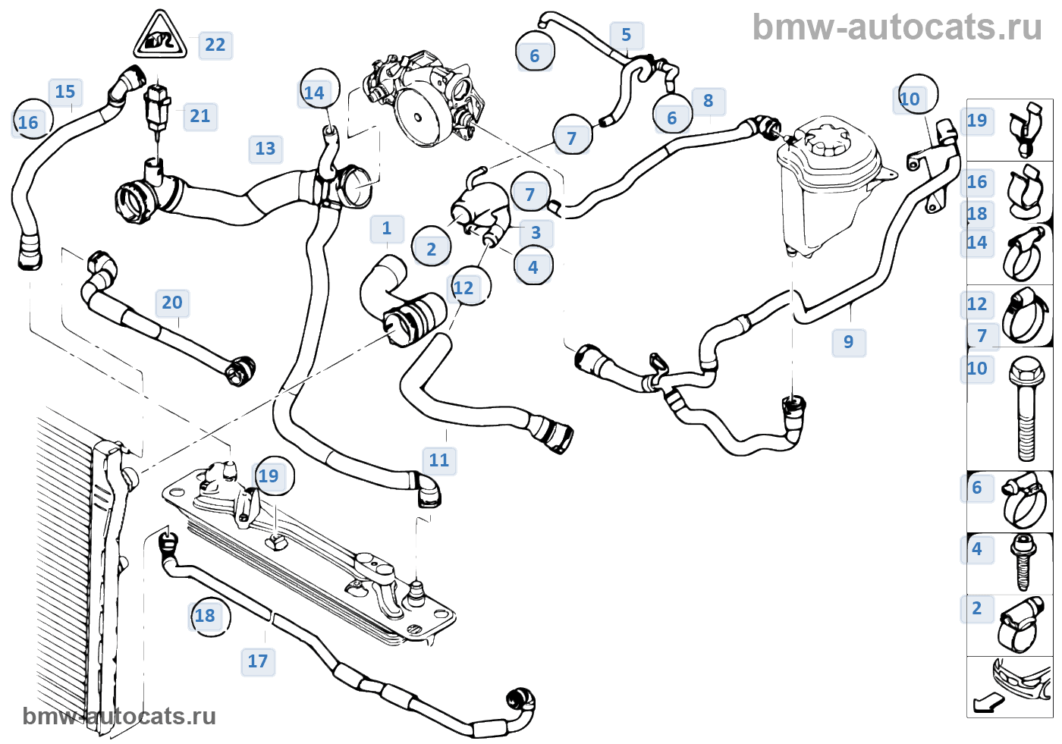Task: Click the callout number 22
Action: click(215, 46)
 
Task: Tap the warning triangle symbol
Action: click(159, 36)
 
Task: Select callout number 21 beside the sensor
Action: click(200, 116)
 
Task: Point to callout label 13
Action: click(265, 149)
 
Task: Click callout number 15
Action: click(65, 92)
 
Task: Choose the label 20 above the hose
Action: click(172, 303)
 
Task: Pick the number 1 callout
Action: click(387, 228)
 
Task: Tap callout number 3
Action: click(536, 233)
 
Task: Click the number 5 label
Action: click(627, 35)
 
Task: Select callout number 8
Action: click(709, 101)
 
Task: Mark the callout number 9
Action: click(849, 342)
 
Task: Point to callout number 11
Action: click(439, 460)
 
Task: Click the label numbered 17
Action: click(258, 661)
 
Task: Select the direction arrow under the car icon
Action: click(988, 703)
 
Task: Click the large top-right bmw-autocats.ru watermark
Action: click(897, 27)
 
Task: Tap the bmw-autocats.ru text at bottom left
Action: click(119, 717)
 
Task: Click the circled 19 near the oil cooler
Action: click(269, 476)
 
